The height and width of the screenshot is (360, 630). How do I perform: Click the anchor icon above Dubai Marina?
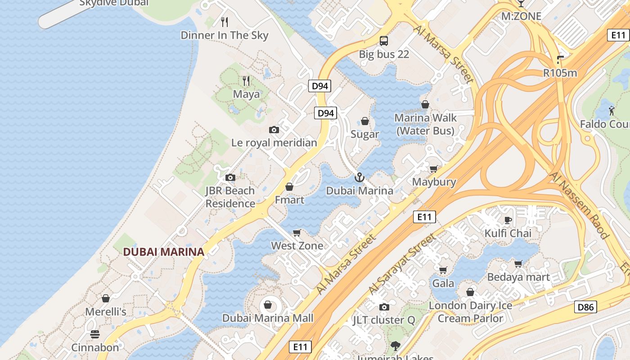pos(359,177)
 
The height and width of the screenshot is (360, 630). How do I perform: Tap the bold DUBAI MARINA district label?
pos(164,252)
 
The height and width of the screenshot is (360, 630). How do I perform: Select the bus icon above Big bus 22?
pos(384,41)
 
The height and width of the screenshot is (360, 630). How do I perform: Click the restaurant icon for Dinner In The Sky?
pos(225,22)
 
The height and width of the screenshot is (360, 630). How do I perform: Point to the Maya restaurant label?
pos(246,94)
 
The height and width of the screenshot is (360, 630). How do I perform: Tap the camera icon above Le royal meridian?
pos(274,130)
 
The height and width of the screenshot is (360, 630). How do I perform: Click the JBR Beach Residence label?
pos(230,197)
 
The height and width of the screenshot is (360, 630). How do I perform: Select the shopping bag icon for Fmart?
pos(289,187)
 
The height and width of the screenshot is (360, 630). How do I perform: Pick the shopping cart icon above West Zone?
pos(297,233)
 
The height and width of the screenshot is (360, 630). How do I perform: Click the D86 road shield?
pos(585,307)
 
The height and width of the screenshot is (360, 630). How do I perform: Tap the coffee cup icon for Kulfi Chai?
pos(508,220)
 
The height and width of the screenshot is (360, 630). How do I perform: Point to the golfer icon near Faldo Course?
pos(611,110)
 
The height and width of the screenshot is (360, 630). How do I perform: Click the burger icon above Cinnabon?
pos(95,334)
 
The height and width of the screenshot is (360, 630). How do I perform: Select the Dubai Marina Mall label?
pos(268,318)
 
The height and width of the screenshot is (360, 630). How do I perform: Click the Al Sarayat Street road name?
pos(402,263)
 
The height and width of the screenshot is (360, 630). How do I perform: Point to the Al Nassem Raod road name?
pos(579,205)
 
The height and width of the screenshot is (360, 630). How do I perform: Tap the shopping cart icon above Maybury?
pos(433,169)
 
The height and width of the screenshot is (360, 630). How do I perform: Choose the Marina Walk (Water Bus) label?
pos(425,124)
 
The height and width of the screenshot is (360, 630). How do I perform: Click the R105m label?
pos(560,73)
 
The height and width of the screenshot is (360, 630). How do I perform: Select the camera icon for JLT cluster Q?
pos(384,307)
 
